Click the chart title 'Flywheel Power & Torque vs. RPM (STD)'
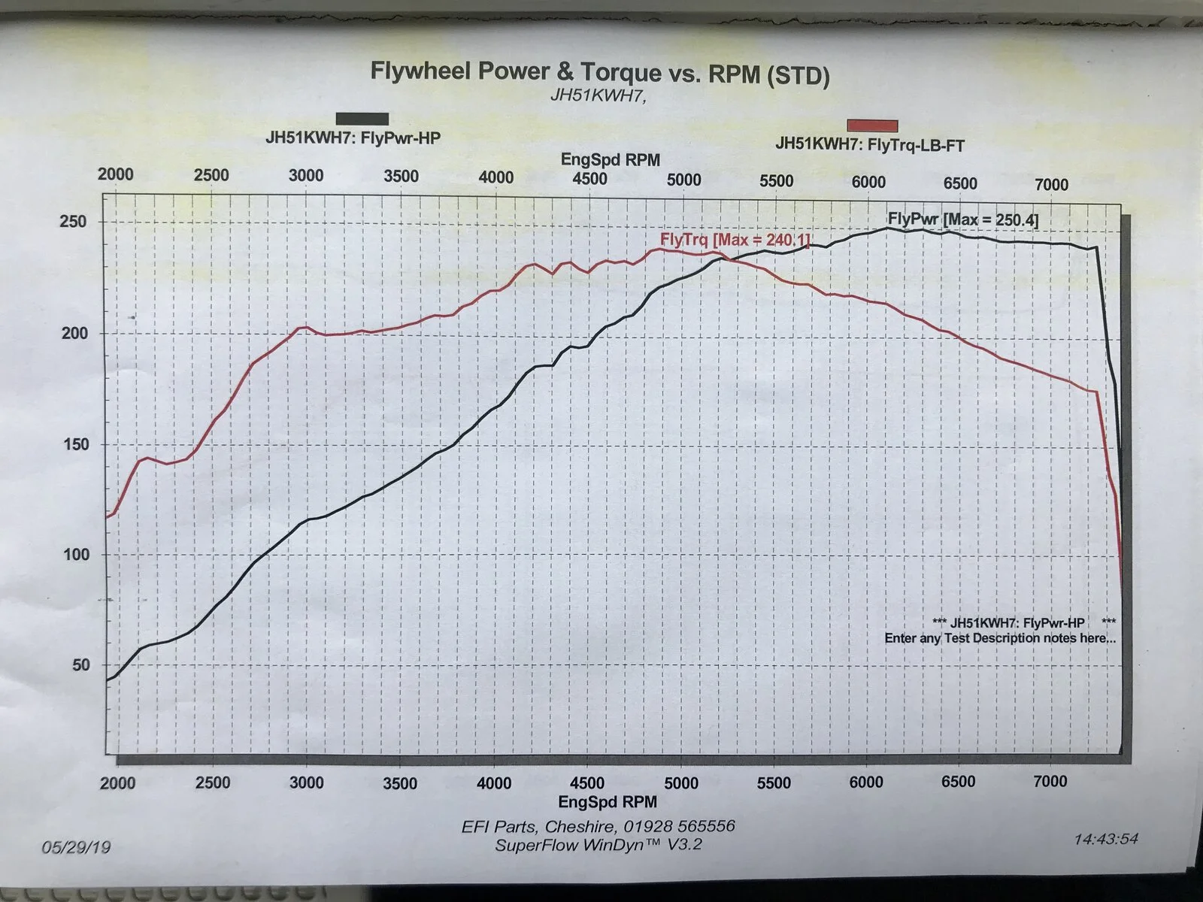[600, 73]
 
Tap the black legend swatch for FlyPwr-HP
[362, 119]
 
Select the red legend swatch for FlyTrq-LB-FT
[872, 126]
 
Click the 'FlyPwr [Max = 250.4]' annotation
[963, 219]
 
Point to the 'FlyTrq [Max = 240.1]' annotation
[735, 239]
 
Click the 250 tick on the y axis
[74, 221]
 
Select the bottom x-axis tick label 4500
[587, 782]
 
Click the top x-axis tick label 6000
[868, 182]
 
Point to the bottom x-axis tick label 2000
[117, 783]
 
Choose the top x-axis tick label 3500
[402, 177]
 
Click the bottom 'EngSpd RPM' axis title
[608, 802]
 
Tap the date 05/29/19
[76, 847]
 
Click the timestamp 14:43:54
[1106, 839]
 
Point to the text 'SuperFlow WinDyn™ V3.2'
[598, 844]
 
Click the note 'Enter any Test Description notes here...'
[1000, 638]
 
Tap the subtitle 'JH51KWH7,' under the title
[598, 95]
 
